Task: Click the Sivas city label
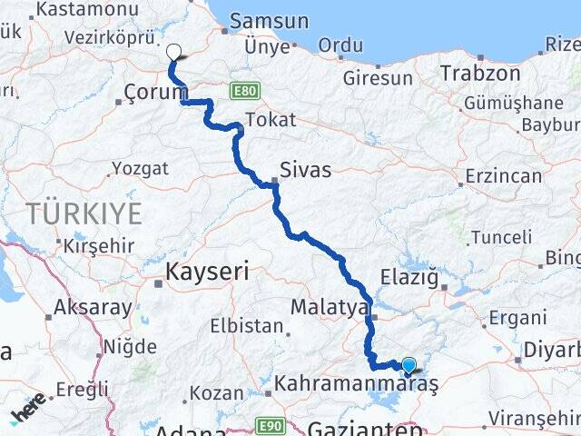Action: point(305,170)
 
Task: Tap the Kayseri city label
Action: point(207,271)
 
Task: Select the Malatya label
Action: point(329,308)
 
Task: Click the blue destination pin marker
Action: point(409,365)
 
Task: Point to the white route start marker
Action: point(174,53)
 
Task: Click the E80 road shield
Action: point(245,91)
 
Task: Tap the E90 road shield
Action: point(269,424)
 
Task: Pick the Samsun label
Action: point(270,21)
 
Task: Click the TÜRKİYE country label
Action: point(84,214)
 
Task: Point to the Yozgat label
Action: point(140,168)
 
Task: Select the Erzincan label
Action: point(504,174)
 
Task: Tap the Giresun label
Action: point(377,78)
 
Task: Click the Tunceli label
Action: point(502,237)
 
